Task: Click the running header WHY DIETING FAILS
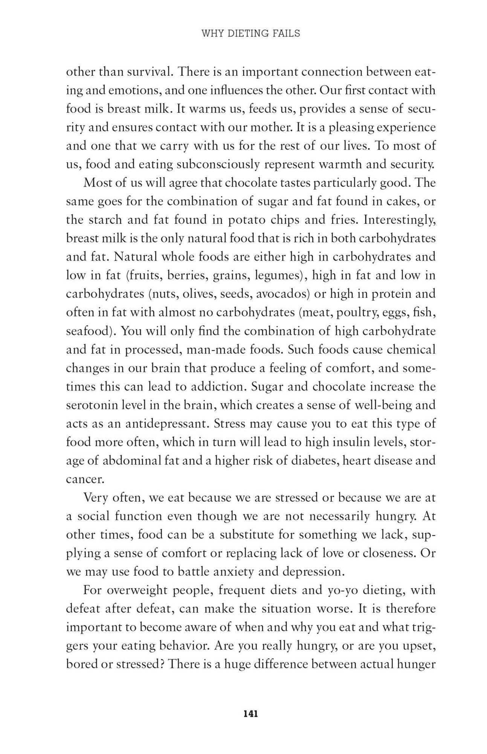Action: pos(251,34)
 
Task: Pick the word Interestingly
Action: pos(399,220)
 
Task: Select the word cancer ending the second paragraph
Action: pos(84,479)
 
